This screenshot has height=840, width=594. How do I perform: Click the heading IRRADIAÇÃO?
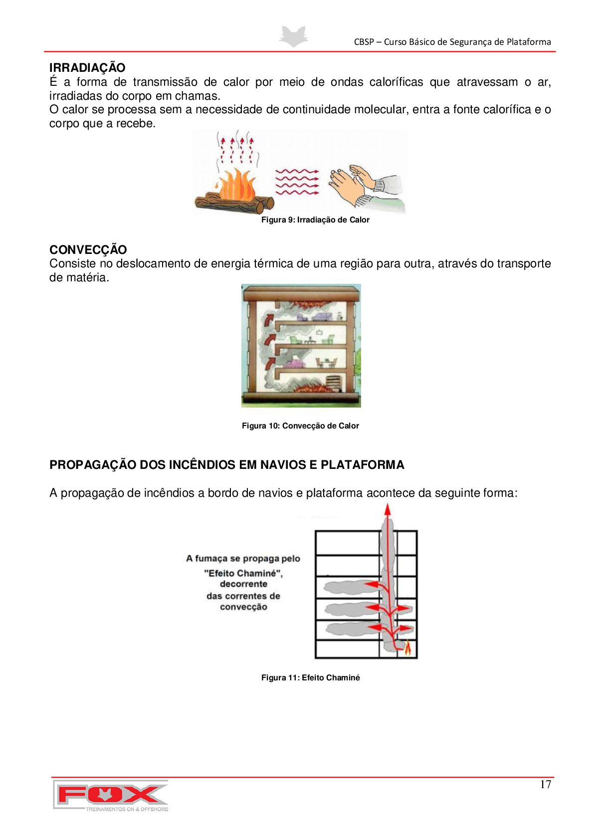pos(87,67)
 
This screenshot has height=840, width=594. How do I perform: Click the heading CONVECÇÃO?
pos(88,249)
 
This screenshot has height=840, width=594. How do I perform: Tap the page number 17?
pos(545,785)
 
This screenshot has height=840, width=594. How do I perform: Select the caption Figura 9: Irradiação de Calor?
pos(315,220)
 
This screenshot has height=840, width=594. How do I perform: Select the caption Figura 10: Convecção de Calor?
pos(300,426)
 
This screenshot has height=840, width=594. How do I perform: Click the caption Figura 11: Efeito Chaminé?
pos(310,678)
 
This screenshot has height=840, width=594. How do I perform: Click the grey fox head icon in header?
pos(294,37)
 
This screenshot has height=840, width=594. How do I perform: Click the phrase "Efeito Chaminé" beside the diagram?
pos(243,574)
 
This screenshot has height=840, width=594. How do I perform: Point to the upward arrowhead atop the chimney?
pos(387,510)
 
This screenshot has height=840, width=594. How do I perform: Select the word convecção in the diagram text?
pos(243,607)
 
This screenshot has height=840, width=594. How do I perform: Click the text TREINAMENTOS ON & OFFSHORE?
pos(127,809)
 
